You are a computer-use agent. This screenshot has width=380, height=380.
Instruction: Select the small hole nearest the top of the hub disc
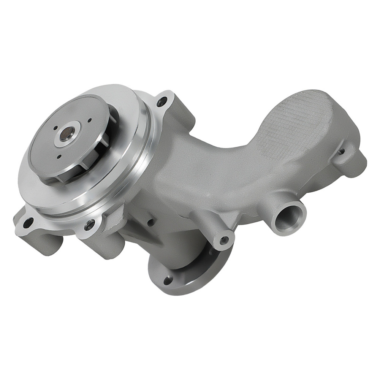[90, 121]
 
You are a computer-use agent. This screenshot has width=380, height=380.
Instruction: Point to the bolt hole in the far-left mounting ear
[26, 223]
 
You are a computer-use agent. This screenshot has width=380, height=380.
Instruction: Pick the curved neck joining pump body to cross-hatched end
[213, 163]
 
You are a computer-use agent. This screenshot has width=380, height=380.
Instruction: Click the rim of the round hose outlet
[300, 207]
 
